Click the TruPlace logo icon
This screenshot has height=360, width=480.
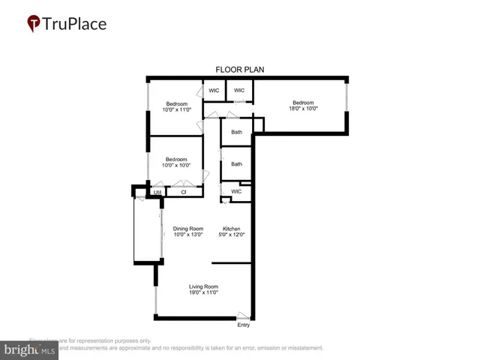coord(34,24)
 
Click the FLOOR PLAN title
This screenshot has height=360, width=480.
coord(240,70)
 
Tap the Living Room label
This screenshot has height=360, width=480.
coord(202,286)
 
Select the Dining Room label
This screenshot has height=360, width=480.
coord(188,228)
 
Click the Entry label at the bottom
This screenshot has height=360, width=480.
coord(244,325)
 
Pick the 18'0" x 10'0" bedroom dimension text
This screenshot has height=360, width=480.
coord(303,109)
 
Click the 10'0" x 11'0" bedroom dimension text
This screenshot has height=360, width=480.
coord(177,109)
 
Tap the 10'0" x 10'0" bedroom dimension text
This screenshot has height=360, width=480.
coord(176,165)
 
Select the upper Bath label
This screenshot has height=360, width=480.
coord(236,133)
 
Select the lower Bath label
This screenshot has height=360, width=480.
coord(236,164)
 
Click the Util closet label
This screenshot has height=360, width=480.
coord(157,192)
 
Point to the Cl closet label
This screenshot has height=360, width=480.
coord(183,192)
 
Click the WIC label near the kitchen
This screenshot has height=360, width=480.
coord(236,191)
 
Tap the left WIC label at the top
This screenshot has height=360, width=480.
coord(214,91)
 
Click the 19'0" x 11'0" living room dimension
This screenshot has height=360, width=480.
coord(202,292)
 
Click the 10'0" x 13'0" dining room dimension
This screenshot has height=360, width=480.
coord(188,235)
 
